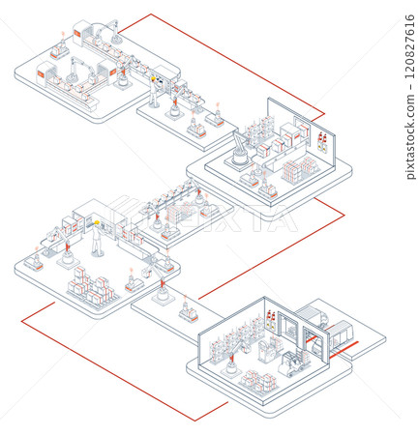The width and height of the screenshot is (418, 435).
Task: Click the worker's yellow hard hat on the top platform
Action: coord(153,78)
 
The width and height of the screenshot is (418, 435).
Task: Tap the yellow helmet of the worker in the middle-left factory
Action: coord(97,224)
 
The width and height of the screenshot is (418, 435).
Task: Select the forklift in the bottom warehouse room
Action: coord(293,363)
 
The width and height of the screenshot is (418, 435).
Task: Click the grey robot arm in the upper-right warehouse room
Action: coord(238,151)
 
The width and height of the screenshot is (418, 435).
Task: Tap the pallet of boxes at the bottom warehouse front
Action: coord(256,380)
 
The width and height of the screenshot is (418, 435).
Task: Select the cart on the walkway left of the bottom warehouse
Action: coord(187,311)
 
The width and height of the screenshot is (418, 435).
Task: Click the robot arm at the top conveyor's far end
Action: coord(114,27)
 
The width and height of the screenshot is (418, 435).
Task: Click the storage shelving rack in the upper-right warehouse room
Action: coord(259,131)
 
